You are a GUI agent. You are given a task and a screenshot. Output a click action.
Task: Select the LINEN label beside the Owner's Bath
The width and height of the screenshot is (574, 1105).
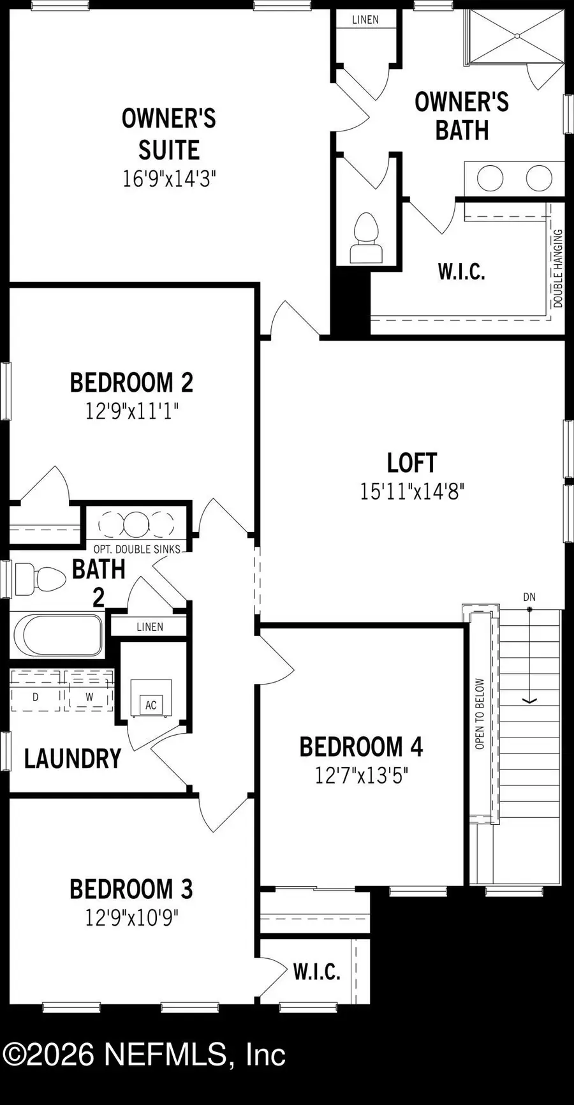pos(365,20)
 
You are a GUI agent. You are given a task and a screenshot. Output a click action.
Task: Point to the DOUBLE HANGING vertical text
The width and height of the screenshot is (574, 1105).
pos(558,269)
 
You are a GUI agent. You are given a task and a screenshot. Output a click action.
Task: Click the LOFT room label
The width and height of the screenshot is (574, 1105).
pos(412,463)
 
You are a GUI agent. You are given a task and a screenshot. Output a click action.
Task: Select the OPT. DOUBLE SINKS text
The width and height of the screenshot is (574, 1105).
pos(137,549)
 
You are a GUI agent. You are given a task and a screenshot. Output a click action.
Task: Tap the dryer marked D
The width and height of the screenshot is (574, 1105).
pos(36,697)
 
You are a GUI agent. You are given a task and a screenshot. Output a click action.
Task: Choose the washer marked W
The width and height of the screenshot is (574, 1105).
pos(89,697)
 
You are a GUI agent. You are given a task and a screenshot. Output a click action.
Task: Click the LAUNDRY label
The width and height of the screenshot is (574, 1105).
pos(73,759)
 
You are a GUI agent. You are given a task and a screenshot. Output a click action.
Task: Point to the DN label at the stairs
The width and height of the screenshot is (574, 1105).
pos(529,597)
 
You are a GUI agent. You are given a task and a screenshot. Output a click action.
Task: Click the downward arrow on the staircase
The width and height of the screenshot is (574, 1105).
pos(529,699)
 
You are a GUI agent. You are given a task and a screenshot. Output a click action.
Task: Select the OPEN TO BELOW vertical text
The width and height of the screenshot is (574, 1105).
pos(480,713)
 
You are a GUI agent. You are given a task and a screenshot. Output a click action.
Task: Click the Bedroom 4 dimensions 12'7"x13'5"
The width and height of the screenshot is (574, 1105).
pos(361,776)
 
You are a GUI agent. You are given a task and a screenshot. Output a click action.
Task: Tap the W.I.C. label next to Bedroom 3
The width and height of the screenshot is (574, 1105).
pos(317,972)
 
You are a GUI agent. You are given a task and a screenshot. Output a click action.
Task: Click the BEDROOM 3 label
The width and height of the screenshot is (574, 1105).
pos(131,889)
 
